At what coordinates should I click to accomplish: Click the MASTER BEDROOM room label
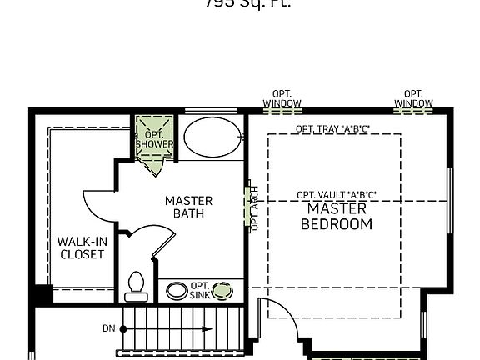point(336,216)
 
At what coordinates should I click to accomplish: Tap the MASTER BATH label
point(188,207)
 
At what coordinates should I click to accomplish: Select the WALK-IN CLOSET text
point(82,247)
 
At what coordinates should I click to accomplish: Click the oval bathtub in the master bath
point(212,137)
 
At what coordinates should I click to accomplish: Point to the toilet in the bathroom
point(135,286)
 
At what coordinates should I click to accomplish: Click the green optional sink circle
point(222,291)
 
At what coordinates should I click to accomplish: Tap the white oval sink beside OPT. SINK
point(177,291)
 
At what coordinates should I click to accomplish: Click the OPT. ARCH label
point(254,207)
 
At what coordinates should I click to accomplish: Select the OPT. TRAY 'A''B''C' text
point(332,128)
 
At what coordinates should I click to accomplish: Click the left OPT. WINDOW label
point(282,98)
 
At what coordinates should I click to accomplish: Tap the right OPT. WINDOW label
point(413,98)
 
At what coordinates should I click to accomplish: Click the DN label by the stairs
point(108,328)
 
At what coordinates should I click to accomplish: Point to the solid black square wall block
point(42,294)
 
